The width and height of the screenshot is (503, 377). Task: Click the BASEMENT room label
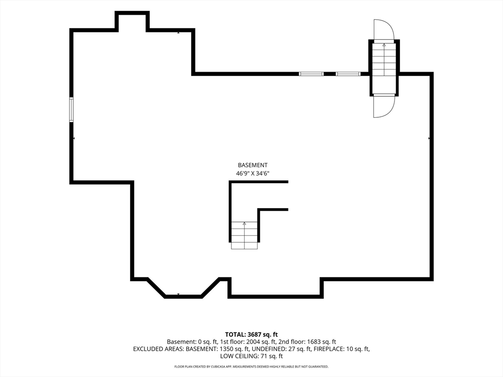[252, 165]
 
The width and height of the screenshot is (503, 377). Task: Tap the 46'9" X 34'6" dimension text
[252, 174]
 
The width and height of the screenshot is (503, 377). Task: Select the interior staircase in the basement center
[244, 235]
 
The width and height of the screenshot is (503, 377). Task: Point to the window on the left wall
[72, 109]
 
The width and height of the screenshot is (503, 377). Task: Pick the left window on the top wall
[311, 74]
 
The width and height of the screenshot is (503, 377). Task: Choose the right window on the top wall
[348, 74]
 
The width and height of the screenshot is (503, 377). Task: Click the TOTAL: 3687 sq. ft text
[251, 335]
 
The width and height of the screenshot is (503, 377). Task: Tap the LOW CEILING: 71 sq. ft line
[251, 356]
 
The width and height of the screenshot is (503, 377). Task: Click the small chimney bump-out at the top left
[132, 21]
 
